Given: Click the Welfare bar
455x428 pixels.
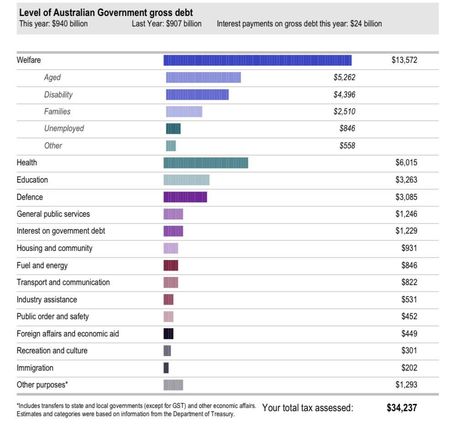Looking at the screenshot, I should pos(257,60).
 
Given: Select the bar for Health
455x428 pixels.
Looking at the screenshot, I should pos(206,163).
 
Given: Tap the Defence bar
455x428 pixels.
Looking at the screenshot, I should pos(185,197).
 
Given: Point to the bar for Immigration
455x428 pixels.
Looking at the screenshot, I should pos(166,368).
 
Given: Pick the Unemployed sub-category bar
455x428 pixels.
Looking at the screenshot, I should pos(173,128).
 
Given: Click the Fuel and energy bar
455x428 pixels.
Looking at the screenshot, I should pos(171,265).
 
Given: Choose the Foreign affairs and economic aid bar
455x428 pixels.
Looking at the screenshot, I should pos(169,334).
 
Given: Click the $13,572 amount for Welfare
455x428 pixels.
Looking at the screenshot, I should pos(404,60).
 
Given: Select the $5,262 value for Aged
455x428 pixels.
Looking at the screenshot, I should pos(344,77).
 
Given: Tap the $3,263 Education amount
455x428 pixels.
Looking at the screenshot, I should pos(406,180).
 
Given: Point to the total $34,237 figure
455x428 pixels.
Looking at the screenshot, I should pos(402,408).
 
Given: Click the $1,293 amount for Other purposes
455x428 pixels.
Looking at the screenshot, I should pos(406,385).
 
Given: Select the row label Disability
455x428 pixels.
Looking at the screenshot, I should pos(58,95).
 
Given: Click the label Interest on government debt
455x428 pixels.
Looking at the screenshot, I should pos(61,231).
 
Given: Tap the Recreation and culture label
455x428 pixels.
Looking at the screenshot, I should pos(52,351).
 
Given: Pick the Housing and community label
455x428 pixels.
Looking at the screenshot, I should pos(54,248).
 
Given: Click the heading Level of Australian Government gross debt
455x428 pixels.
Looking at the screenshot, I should pos(106,13).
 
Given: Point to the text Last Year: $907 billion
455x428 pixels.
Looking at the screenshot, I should pos(166,24).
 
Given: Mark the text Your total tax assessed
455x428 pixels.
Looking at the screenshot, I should pos(307,408).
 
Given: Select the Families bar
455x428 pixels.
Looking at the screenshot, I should pos(184,112).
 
